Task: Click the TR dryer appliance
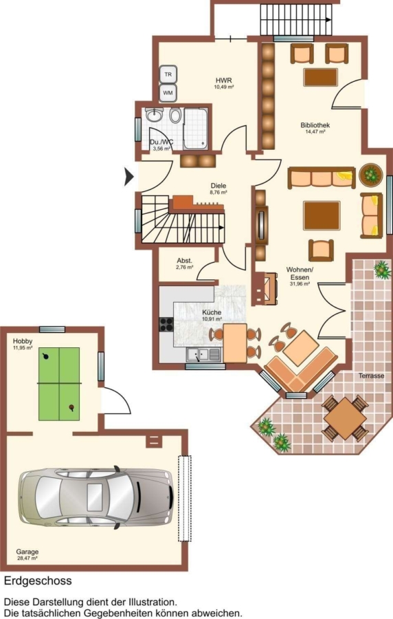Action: point(168,74)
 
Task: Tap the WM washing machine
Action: point(168,93)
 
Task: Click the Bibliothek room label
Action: point(315,125)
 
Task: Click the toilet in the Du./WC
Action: point(176,116)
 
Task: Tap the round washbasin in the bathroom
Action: point(154,116)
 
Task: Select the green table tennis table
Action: point(59,384)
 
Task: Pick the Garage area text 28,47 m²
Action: point(27,558)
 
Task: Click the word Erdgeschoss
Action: point(38,580)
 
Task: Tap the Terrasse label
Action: point(371,376)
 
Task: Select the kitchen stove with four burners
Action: point(166,324)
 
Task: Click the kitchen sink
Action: point(203,354)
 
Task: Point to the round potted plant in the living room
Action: point(371,174)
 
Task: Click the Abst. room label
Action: point(185,261)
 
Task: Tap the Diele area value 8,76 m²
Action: point(218,193)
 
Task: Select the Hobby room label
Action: point(23,341)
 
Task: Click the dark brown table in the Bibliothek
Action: point(321,77)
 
